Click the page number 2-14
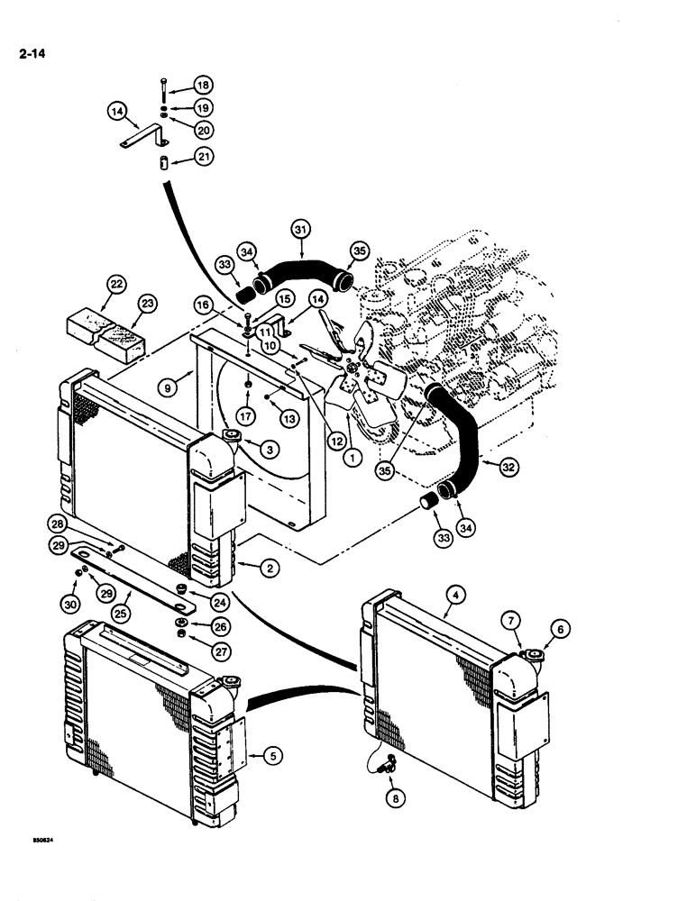pyautogui.click(x=31, y=53)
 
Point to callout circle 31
pyautogui.click(x=301, y=230)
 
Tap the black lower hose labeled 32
pyautogui.click(x=467, y=432)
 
